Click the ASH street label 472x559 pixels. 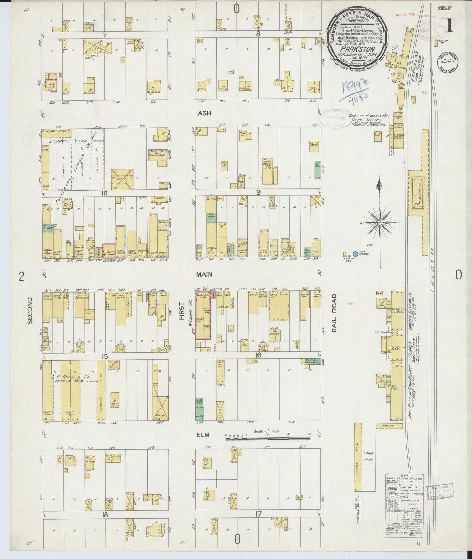[204, 113]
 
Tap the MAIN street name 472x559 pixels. [204, 274]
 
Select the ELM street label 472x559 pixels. [203, 435]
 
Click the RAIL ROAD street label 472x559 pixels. [334, 313]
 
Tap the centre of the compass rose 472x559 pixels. [380, 223]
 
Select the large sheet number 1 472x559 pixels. [450, 26]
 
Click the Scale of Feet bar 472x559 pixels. [268, 438]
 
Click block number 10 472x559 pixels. [104, 193]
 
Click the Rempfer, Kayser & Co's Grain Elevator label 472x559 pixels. [365, 118]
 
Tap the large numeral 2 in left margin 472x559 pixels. [21, 277]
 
